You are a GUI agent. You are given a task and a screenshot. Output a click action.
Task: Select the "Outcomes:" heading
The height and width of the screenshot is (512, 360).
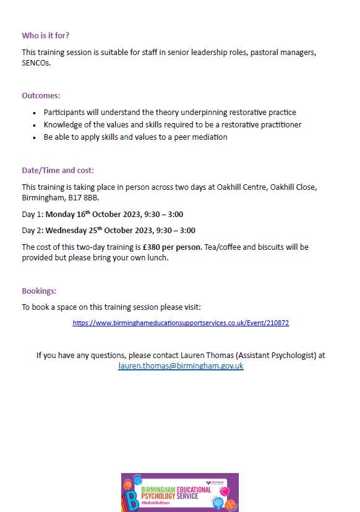41,96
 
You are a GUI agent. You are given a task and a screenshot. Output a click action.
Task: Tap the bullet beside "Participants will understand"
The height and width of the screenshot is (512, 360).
34,113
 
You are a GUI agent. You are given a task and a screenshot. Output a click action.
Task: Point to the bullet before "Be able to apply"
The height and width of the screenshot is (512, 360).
34,137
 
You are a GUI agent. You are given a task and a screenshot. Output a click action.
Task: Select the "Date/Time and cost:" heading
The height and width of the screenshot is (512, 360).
58,170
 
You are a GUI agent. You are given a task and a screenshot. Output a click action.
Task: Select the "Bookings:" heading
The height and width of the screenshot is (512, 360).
39,291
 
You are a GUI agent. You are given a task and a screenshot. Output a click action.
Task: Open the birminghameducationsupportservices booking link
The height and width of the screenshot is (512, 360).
181,323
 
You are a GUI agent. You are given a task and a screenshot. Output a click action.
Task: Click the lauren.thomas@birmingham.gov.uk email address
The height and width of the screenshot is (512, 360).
181,366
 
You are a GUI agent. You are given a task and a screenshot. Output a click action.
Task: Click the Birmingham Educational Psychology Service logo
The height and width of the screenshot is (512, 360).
179,493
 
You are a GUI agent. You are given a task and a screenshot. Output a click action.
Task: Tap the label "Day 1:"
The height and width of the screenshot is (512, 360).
32,215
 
